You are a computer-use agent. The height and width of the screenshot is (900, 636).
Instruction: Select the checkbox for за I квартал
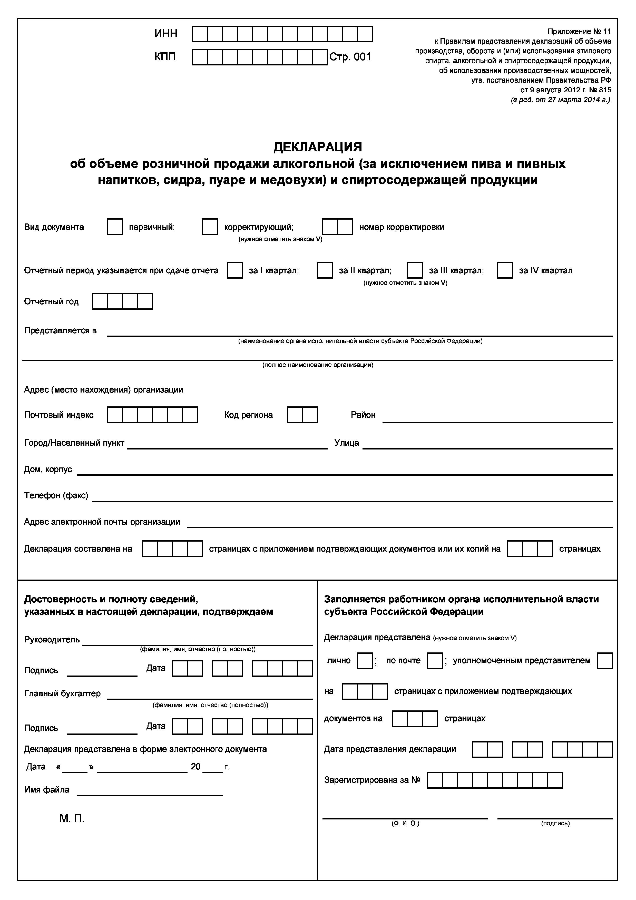(x=235, y=270)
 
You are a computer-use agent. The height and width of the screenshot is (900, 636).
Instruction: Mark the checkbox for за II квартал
(x=325, y=270)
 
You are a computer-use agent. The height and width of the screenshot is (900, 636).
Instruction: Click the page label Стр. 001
(x=350, y=57)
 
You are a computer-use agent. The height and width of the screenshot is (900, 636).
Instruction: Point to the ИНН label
(x=166, y=34)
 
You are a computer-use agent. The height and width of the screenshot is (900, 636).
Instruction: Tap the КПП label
(x=165, y=57)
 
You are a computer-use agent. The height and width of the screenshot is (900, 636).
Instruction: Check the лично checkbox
(x=365, y=660)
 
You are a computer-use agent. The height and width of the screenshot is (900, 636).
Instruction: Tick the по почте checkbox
(x=435, y=660)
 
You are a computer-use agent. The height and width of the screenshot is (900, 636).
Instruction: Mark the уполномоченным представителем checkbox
(x=605, y=660)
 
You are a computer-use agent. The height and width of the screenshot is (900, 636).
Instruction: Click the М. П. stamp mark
(x=72, y=818)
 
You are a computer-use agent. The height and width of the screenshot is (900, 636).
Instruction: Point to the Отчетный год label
(x=51, y=301)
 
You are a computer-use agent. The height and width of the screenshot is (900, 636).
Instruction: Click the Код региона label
(x=248, y=415)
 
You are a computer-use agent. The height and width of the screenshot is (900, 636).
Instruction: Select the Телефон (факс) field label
(x=56, y=495)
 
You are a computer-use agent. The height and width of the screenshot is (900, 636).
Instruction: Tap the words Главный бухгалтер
(x=62, y=693)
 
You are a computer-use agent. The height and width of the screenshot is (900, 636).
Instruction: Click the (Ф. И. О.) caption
(x=405, y=824)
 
